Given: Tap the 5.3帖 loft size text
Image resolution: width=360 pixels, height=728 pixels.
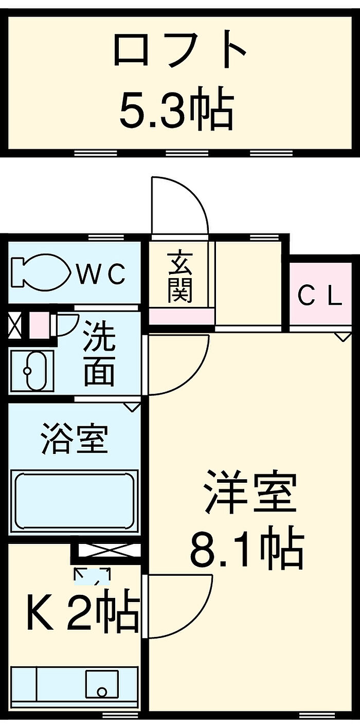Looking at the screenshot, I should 176,110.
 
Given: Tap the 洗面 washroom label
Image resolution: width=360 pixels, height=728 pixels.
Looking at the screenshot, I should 99,353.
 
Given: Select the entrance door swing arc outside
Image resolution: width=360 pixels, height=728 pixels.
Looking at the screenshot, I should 180,206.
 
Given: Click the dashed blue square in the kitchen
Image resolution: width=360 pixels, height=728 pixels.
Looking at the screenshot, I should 92,576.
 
